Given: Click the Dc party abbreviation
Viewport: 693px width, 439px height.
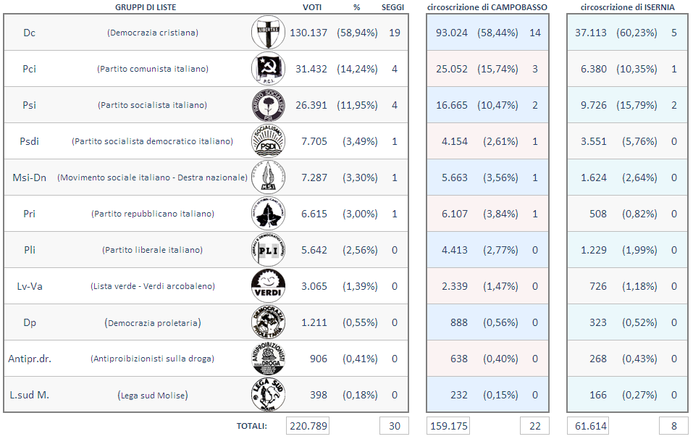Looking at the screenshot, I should point(29,33).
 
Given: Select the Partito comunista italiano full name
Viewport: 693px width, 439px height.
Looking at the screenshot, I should point(153,69).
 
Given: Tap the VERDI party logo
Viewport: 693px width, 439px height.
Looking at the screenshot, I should point(268,286).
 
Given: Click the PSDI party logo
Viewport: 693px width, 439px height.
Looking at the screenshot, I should point(268,141).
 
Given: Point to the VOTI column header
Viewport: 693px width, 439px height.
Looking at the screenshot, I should point(312,7).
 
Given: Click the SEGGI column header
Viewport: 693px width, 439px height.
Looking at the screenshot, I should point(394,7).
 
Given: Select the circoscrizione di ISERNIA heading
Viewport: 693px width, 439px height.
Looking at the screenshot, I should point(628,7).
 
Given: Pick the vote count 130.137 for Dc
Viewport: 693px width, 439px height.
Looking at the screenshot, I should point(308,33).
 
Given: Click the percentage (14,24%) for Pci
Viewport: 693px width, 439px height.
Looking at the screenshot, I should point(357,69).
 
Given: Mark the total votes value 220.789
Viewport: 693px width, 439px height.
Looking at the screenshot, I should point(308,426).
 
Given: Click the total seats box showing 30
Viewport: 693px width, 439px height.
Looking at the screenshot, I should point(394,426).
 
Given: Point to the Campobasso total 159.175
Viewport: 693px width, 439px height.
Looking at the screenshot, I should point(449,426).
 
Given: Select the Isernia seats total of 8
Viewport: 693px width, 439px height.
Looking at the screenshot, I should point(673,426).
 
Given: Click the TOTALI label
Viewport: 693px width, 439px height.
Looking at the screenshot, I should point(251,426).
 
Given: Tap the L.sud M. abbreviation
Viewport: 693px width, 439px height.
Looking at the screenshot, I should point(29,395).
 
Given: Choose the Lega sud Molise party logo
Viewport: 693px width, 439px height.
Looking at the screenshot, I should point(268,395).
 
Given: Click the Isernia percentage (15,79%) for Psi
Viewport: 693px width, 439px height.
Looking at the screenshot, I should point(637,105).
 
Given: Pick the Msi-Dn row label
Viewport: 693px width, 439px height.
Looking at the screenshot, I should point(29,177).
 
